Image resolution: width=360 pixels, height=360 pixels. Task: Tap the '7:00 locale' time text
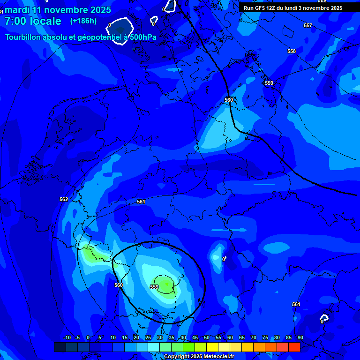pos(33,21)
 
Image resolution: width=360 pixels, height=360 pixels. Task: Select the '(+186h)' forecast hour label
pos(83,21)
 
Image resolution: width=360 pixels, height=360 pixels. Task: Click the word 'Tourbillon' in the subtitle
pos(26,37)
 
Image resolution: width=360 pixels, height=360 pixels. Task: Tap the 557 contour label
pos(307,25)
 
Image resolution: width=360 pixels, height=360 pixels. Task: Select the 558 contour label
pos(292,51)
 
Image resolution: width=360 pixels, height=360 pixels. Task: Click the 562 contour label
pos(64,199)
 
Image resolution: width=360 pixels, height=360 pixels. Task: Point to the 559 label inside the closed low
pos(154,287)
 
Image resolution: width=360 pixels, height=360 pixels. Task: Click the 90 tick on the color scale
pos(300,337)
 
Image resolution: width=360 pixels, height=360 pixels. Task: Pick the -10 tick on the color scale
pos(67,337)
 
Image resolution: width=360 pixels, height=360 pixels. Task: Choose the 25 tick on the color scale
pos(148,337)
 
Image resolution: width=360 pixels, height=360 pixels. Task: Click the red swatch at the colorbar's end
pos(294,347)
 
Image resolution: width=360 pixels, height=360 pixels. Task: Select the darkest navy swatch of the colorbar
pos(60,347)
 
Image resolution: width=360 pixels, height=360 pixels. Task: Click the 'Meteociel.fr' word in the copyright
pos(219,356)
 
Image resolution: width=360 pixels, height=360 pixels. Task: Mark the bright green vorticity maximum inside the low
pos(167,283)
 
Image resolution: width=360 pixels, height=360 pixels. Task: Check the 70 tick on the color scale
pos(253,337)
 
